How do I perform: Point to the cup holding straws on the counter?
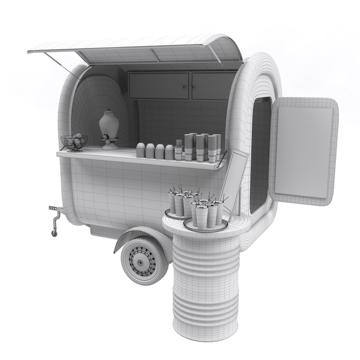click(179, 153)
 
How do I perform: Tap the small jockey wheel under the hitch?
click(54, 233)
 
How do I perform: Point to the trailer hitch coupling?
click(52, 208)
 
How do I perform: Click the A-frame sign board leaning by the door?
click(235, 178)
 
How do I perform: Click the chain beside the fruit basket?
click(62, 147)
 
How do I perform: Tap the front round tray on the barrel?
click(206, 225)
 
